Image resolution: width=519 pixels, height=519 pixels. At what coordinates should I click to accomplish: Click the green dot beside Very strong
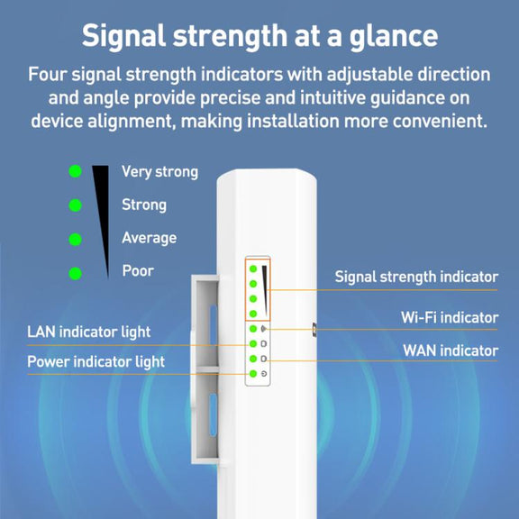[75, 171]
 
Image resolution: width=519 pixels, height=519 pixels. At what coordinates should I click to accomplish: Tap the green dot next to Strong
[75, 205]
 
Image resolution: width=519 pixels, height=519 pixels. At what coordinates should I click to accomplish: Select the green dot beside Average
[75, 240]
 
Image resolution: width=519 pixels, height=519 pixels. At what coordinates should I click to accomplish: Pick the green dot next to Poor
[75, 273]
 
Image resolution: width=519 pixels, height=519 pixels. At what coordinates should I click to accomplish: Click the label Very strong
[159, 172]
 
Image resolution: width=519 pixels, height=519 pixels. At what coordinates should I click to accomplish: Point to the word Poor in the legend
[138, 270]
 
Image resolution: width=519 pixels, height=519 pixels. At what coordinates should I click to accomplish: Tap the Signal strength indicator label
[416, 277]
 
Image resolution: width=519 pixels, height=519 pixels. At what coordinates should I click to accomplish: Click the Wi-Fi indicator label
[450, 317]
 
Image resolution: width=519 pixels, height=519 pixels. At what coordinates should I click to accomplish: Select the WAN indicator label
[451, 351]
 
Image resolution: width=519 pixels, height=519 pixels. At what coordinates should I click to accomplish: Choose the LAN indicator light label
[88, 332]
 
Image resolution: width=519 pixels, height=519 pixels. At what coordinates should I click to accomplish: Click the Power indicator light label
[96, 361]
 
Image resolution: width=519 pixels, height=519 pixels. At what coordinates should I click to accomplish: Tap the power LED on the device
[253, 374]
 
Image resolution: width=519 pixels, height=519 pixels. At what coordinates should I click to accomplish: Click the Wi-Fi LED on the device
[253, 329]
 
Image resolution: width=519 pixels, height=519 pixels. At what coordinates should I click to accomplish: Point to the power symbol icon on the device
[264, 374]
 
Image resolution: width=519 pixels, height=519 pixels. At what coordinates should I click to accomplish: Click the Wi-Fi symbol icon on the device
[264, 329]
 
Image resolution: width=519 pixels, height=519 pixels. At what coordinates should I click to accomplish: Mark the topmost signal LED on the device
[253, 269]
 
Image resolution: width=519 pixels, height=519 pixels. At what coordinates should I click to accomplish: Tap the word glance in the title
[394, 36]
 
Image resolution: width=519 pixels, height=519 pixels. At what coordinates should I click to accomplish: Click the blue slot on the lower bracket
[214, 414]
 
